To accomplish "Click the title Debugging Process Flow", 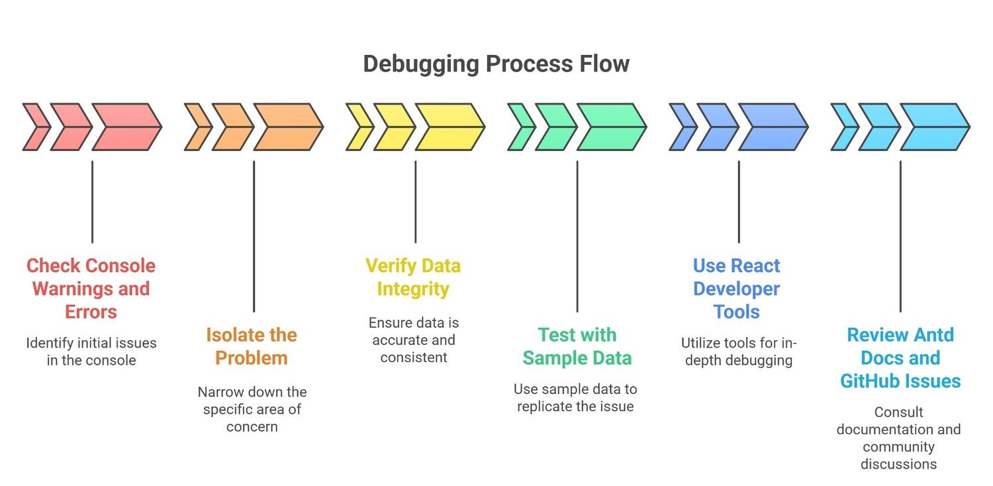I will point(496,64).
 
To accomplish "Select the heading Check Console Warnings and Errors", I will point(91,289).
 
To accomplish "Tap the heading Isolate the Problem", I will point(252,346).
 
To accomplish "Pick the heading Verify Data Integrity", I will point(413,277).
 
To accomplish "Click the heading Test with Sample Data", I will point(577,346).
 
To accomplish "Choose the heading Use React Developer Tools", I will point(737,289).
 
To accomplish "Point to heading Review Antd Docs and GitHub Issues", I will point(900,358).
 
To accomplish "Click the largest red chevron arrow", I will point(126,126).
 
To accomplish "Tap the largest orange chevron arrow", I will point(288,126).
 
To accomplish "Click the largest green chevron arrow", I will point(611,126).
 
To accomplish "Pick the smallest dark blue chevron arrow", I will point(681,126).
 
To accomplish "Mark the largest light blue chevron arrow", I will point(934,126).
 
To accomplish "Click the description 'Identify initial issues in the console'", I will point(91,352).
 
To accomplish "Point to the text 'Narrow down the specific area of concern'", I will point(252,409).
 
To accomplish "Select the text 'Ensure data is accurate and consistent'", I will point(413,340).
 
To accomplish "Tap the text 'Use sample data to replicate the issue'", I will point(575,397).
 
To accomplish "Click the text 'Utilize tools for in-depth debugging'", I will point(738,352).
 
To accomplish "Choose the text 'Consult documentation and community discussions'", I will point(898,438).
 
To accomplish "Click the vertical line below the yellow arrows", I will point(415,201).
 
